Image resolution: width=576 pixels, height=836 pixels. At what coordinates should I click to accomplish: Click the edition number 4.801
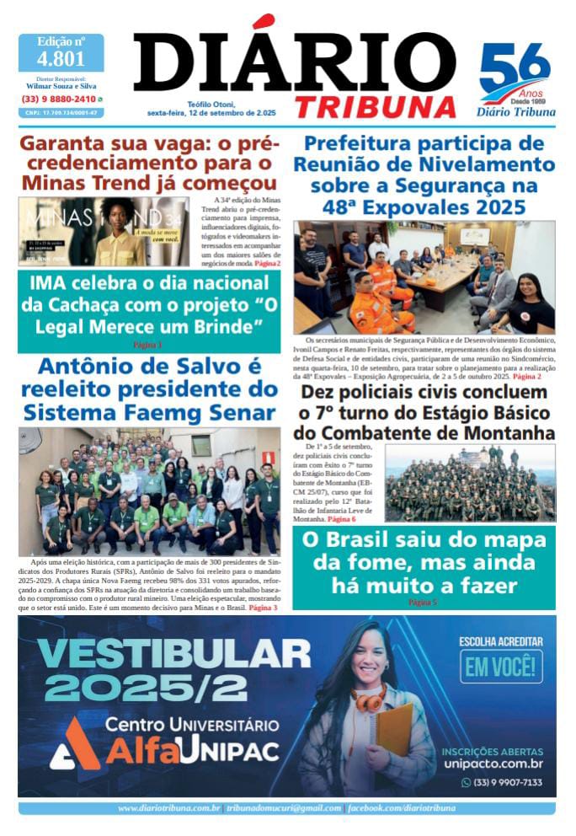pyautogui.click(x=61, y=59)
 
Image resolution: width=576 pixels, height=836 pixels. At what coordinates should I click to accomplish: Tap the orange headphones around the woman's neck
pyautogui.click(x=369, y=699)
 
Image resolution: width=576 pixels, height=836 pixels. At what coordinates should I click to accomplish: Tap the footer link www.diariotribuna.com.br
pyautogui.click(x=169, y=808)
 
